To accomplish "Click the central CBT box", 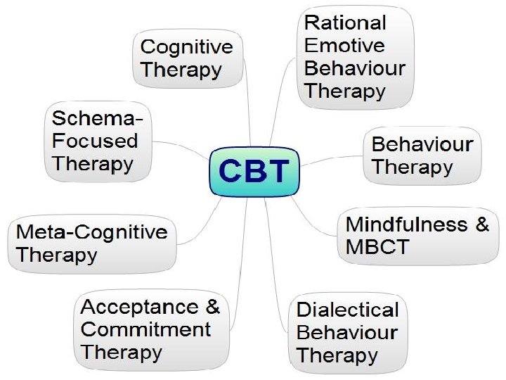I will click(254, 172).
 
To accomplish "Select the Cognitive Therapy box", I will click(187, 60).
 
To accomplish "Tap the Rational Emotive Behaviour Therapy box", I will click(353, 56).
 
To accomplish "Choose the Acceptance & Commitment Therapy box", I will click(151, 329).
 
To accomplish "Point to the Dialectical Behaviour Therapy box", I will click(347, 332).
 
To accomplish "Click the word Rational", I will click(345, 23).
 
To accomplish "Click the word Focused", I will click(95, 141).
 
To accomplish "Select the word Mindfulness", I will click(407, 224).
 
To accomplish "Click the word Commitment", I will click(146, 329).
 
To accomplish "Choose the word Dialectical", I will click(347, 310).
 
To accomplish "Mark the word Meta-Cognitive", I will click(92, 232).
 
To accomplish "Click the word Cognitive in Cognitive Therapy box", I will click(186, 48).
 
